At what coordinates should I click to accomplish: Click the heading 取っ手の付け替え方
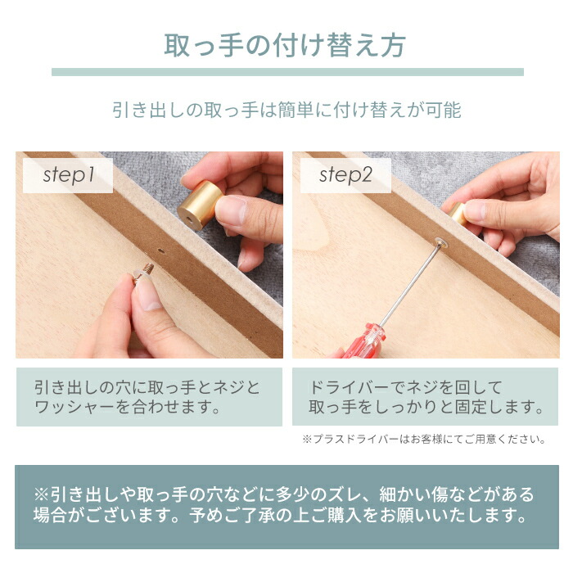coord(286,45)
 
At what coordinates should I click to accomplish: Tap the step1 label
coord(69,174)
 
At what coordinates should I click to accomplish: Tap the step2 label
coord(345,174)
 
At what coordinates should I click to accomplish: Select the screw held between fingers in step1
coord(148,268)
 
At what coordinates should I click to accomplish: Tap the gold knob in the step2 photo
coord(459,214)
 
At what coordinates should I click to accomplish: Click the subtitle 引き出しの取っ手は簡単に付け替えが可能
coord(286,110)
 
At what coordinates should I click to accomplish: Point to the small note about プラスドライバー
coord(423,440)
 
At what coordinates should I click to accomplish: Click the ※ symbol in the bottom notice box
coord(42,495)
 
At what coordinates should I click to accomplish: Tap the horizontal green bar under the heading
coord(287,72)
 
